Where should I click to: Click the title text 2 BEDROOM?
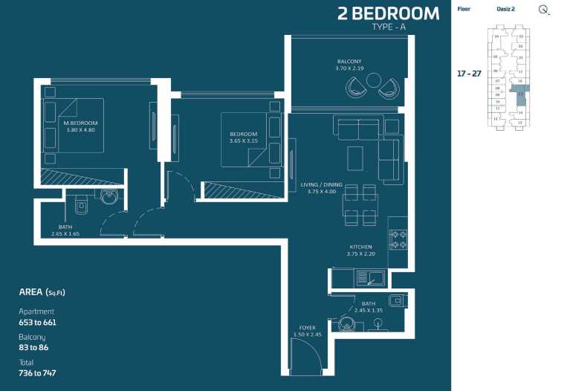388,13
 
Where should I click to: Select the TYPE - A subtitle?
389,28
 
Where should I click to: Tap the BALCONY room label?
349,61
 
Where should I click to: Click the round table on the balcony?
373,80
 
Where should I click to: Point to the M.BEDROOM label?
80,123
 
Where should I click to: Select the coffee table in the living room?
355,157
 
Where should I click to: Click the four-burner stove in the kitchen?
398,239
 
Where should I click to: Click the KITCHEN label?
361,247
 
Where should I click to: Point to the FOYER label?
307,328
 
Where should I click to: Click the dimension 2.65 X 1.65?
65,234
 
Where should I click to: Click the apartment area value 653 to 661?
37,323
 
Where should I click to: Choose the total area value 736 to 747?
37,373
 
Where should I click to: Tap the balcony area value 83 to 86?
33,348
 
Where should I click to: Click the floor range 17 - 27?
468,74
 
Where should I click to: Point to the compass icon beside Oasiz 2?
544,10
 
